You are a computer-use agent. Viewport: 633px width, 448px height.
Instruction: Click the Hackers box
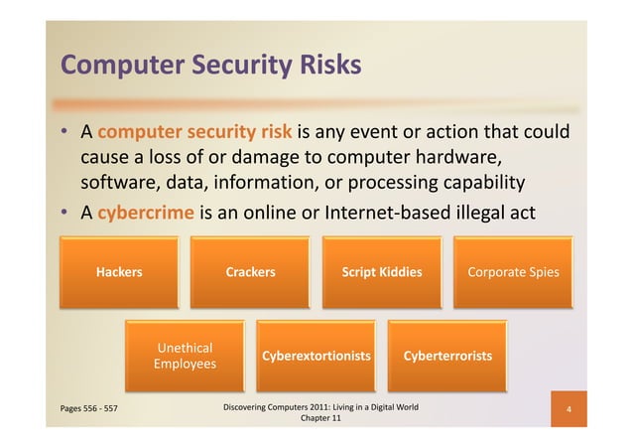point(118,272)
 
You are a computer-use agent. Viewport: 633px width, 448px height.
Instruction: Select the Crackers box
point(250,272)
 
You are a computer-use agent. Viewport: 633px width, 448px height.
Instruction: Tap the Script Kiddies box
point(382,272)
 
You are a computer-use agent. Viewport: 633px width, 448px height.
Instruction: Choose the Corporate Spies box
point(513,272)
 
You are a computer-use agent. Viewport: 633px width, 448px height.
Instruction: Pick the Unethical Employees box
point(185,356)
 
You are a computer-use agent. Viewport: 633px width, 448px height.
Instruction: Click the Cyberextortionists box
point(316,356)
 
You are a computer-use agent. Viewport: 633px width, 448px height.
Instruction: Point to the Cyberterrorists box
point(447,356)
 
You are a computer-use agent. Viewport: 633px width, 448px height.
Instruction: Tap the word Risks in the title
point(326,66)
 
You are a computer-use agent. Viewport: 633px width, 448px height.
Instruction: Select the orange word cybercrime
point(146,211)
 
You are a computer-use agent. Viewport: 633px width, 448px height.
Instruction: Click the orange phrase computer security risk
point(194,133)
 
